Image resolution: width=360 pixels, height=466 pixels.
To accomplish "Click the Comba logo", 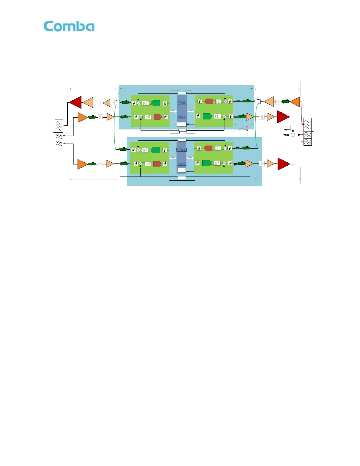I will click(x=69, y=26).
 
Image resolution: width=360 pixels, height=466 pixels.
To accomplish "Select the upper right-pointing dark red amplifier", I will click(x=283, y=117).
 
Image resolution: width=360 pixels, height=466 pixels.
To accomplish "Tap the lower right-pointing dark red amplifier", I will click(x=283, y=164).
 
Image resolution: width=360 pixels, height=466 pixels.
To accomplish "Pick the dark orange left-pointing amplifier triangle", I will click(x=295, y=102).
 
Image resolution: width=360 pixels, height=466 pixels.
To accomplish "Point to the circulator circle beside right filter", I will click(x=293, y=135).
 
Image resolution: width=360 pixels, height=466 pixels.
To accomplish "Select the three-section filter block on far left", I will click(x=59, y=133).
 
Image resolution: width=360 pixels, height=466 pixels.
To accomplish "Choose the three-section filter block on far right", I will click(x=307, y=132).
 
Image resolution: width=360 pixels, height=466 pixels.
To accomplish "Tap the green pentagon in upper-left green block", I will click(x=156, y=103).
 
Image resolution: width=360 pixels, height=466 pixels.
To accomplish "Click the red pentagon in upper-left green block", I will click(x=158, y=117).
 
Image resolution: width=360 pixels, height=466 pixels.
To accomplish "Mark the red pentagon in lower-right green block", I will click(x=208, y=148).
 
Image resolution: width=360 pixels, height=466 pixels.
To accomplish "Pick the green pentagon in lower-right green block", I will click(x=207, y=163).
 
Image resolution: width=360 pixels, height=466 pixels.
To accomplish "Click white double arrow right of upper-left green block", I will click(x=173, y=111).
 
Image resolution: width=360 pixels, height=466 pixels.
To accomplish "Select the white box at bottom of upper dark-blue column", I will click(x=182, y=124).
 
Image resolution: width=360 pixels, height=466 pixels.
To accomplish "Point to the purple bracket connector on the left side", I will click(x=116, y=103).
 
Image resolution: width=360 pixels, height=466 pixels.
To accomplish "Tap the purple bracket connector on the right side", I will click(x=259, y=101).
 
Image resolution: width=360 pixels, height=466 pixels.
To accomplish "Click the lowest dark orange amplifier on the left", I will click(x=82, y=164).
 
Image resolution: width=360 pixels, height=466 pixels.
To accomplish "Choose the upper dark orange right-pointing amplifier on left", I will click(x=82, y=117).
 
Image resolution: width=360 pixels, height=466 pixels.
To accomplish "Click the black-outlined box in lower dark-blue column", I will click(x=181, y=150).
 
